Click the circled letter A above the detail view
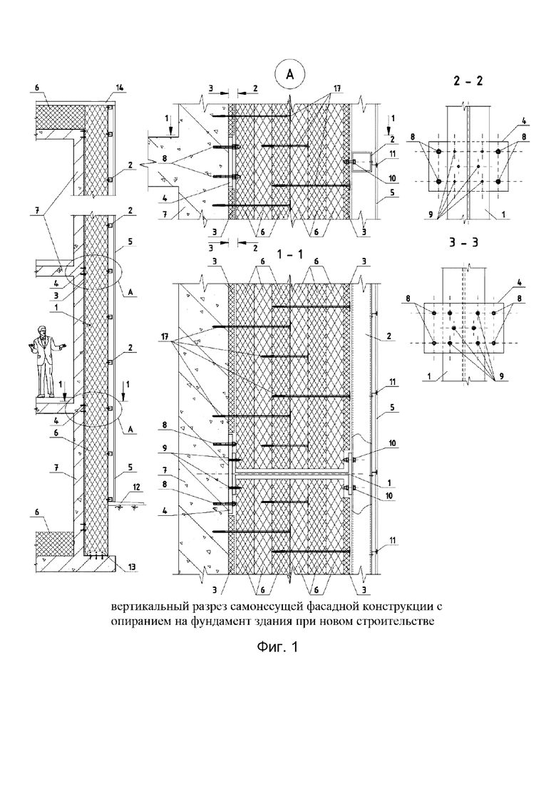coord(290,75)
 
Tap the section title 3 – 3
coord(461,242)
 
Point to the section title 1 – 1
coord(289,254)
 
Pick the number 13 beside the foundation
coord(132,567)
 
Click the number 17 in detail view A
coord(335,88)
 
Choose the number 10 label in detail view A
coord(391,178)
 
